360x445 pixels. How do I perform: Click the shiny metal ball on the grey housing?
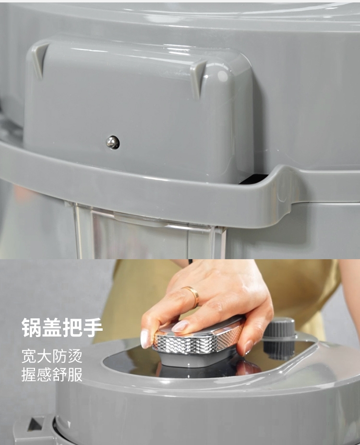(x=113, y=142)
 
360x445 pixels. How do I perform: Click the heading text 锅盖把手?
(x=62, y=327)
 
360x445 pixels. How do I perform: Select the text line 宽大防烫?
(x=52, y=356)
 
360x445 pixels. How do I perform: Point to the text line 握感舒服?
(x=52, y=374)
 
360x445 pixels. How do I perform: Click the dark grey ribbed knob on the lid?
(x=279, y=338)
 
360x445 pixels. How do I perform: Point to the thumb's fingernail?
(x=146, y=338)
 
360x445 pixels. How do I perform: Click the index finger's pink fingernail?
(x=180, y=326)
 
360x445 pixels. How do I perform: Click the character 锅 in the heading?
(x=32, y=327)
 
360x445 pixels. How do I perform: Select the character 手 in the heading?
(x=93, y=327)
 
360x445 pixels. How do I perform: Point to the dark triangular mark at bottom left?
(x=35, y=424)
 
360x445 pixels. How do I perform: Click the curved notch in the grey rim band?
(x=279, y=184)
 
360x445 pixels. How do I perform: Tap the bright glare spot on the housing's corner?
(x=223, y=76)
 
